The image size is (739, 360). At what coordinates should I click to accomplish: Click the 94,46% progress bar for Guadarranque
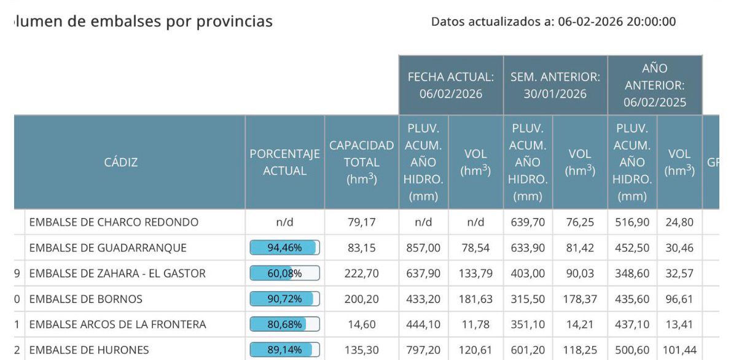click(284, 248)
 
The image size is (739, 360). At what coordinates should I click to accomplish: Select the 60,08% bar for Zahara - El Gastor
click(284, 274)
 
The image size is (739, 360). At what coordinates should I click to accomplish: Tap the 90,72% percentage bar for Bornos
click(284, 300)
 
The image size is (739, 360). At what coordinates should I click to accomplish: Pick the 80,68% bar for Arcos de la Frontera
click(284, 324)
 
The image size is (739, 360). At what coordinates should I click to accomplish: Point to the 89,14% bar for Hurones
click(284, 350)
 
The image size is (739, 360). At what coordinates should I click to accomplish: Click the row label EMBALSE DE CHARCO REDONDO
click(114, 222)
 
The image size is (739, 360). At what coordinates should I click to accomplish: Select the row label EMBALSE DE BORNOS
click(86, 300)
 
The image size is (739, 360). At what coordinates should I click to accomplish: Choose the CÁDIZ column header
click(121, 163)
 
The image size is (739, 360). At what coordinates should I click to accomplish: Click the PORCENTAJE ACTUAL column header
click(284, 163)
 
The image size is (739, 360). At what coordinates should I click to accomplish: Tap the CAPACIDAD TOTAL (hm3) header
click(361, 163)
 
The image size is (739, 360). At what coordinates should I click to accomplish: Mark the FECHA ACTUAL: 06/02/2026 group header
click(451, 86)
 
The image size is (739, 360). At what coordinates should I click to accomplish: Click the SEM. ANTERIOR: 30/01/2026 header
click(555, 86)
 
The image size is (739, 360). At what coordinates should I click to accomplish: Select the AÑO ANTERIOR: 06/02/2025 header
click(655, 86)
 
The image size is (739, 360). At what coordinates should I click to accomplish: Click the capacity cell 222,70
click(361, 274)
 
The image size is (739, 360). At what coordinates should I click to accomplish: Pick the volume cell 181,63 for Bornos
click(475, 300)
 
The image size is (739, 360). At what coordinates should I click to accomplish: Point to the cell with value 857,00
click(423, 248)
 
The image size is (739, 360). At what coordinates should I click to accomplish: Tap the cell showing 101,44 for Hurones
click(679, 350)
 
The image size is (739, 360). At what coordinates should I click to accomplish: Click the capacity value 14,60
click(361, 324)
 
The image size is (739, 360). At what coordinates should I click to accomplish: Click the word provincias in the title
click(234, 22)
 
